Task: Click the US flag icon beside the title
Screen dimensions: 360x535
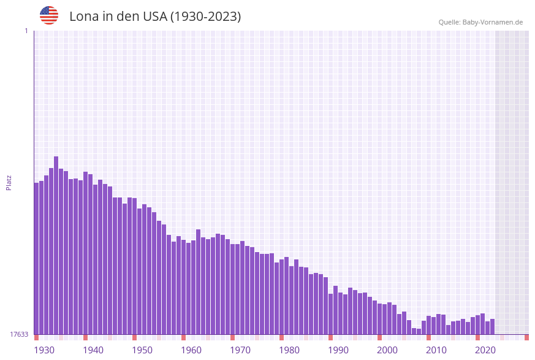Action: (x=49, y=15)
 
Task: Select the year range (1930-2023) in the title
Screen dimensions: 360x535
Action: (x=205, y=17)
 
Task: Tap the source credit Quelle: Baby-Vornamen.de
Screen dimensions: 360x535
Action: (x=480, y=22)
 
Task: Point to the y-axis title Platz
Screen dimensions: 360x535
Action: (x=9, y=182)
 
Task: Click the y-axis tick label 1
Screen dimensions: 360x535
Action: (x=26, y=31)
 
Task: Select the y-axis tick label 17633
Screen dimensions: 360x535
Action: (x=18, y=334)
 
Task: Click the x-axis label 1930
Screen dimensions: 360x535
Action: (x=44, y=350)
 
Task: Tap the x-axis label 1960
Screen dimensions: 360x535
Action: (x=191, y=350)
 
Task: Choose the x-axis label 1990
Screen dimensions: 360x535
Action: (x=338, y=350)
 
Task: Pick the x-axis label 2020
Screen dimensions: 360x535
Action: (x=485, y=350)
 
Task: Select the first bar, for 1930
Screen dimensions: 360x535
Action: (x=36, y=258)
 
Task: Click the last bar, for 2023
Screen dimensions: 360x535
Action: (x=492, y=326)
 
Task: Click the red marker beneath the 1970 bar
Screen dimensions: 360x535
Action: (x=232, y=337)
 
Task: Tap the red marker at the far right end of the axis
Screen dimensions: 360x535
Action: (x=526, y=337)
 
